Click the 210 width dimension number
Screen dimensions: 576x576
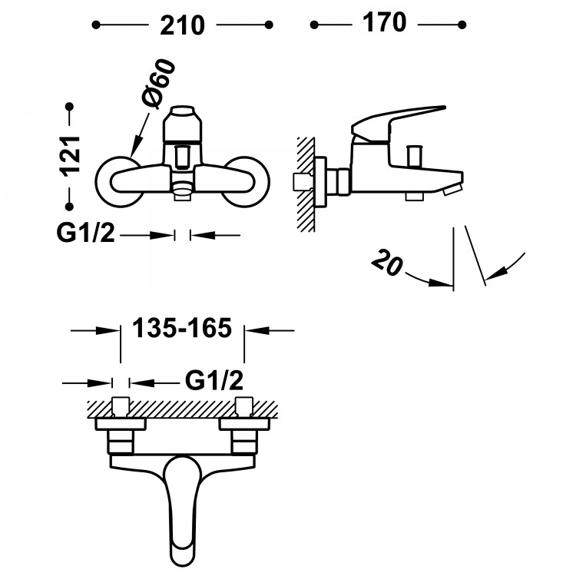[183, 25]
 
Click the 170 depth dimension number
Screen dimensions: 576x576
[384, 23]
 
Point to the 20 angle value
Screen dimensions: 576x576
[389, 263]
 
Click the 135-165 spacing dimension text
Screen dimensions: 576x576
[182, 329]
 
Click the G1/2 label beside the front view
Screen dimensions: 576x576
[85, 233]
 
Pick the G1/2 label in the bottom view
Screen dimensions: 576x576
[214, 379]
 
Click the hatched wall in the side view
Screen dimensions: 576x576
[306, 184]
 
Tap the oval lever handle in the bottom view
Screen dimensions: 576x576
[182, 507]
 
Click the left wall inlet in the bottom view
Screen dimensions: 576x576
[121, 406]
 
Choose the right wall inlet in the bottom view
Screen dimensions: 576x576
[244, 406]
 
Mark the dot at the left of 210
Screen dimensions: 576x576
[96, 25]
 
